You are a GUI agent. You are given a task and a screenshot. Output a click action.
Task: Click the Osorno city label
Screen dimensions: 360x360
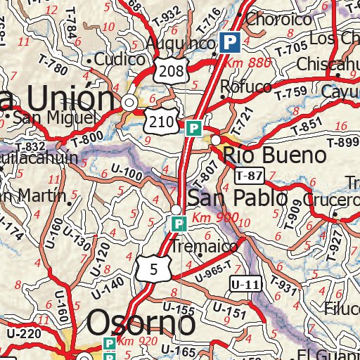141,325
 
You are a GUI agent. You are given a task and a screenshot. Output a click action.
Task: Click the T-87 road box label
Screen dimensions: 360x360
249,175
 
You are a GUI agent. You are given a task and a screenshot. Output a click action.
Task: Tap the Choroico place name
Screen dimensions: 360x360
278,20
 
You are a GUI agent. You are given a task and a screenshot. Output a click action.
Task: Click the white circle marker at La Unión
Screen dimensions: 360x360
129,103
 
